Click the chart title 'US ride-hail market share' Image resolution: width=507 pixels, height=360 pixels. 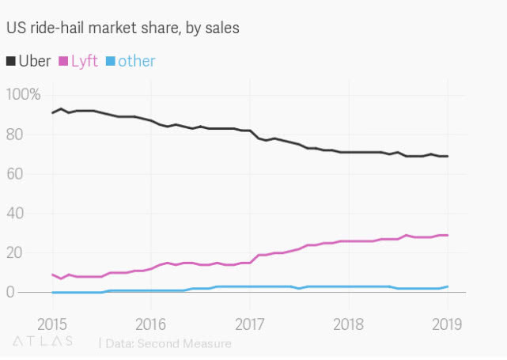click(123, 28)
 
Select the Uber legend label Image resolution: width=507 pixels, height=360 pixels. click(34, 61)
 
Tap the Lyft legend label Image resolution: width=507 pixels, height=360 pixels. click(84, 61)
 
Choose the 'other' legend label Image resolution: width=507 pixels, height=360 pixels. click(136, 61)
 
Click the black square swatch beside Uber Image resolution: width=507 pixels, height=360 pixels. click(10, 62)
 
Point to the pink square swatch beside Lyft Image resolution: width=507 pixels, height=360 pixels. click(63, 62)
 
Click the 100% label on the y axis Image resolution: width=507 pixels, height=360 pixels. click(23, 95)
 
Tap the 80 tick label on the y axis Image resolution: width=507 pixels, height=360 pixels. click(15, 135)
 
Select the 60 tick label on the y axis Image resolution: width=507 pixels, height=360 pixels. click(15, 174)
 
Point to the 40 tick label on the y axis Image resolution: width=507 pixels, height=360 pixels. click(15, 214)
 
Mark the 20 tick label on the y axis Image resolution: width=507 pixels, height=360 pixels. click(15, 253)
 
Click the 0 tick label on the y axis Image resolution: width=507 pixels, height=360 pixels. click(10, 293)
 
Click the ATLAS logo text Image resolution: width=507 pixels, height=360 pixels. click(44, 341)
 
